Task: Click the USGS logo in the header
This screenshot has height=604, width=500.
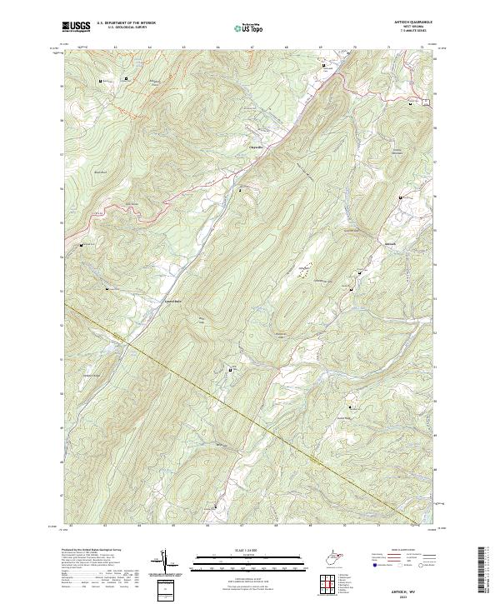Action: coord(77,26)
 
